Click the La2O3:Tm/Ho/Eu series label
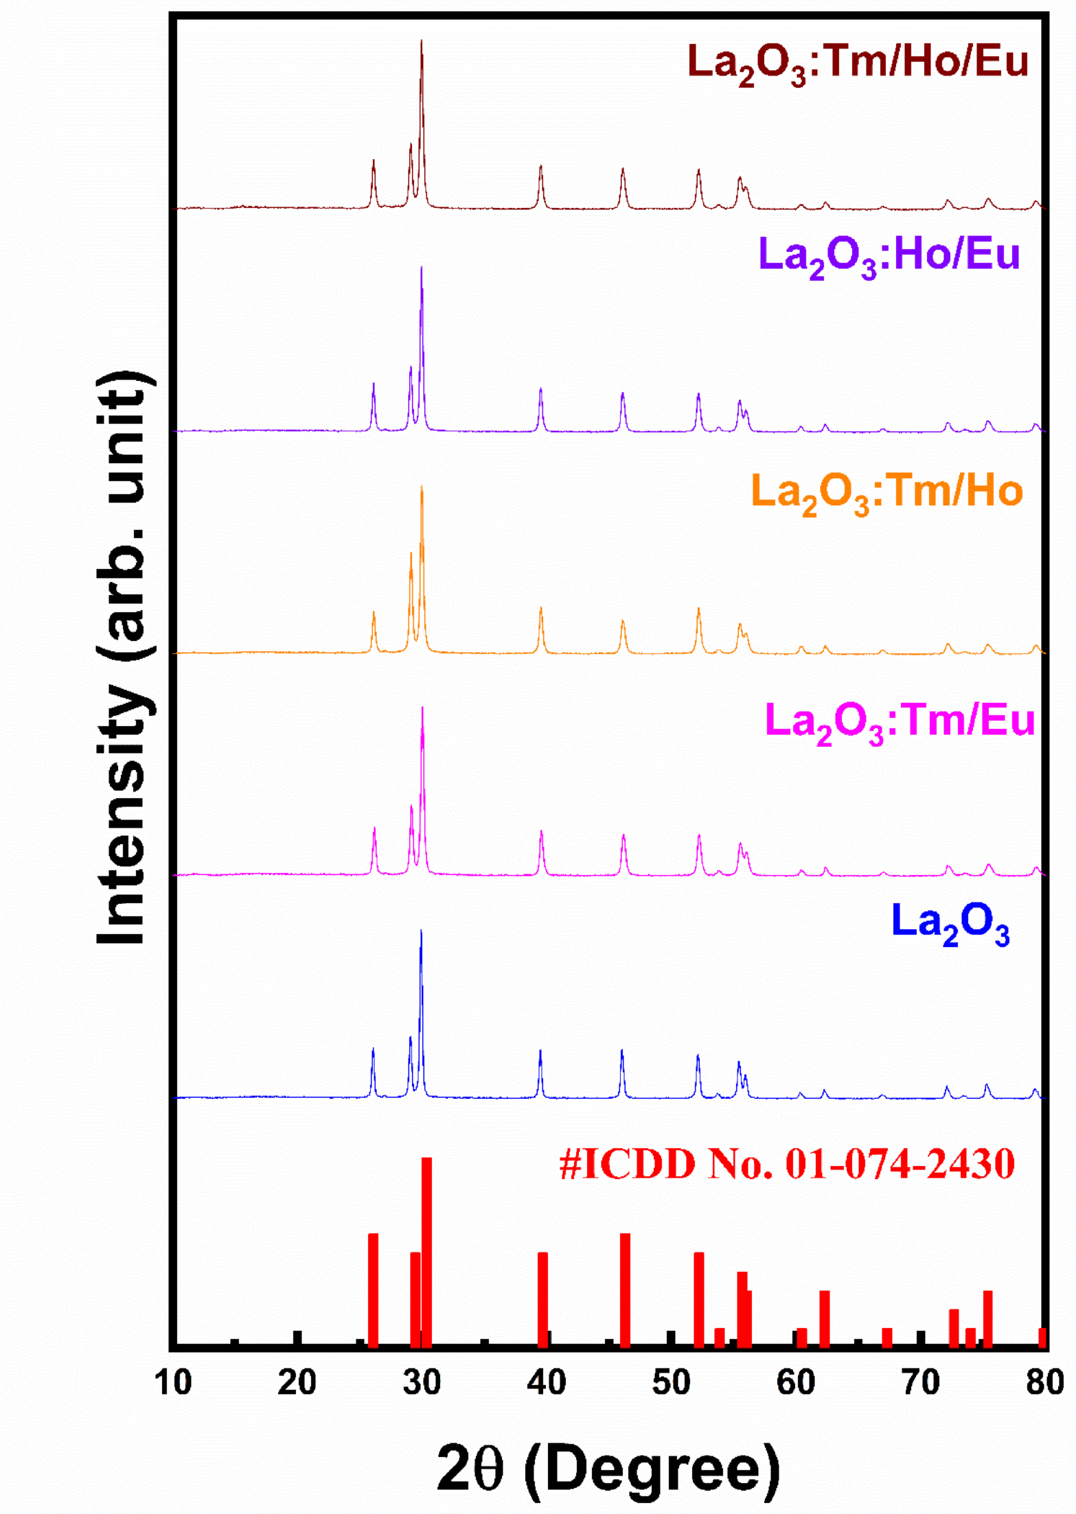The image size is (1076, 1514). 858,64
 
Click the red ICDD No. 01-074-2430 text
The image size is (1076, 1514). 787,1165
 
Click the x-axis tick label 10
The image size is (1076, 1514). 172,1382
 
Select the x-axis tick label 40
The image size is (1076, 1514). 547,1382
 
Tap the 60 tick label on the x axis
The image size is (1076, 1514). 796,1382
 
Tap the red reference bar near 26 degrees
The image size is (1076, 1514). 373,1290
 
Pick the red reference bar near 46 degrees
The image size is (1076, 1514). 625,1290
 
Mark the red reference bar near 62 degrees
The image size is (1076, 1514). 825,1318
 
